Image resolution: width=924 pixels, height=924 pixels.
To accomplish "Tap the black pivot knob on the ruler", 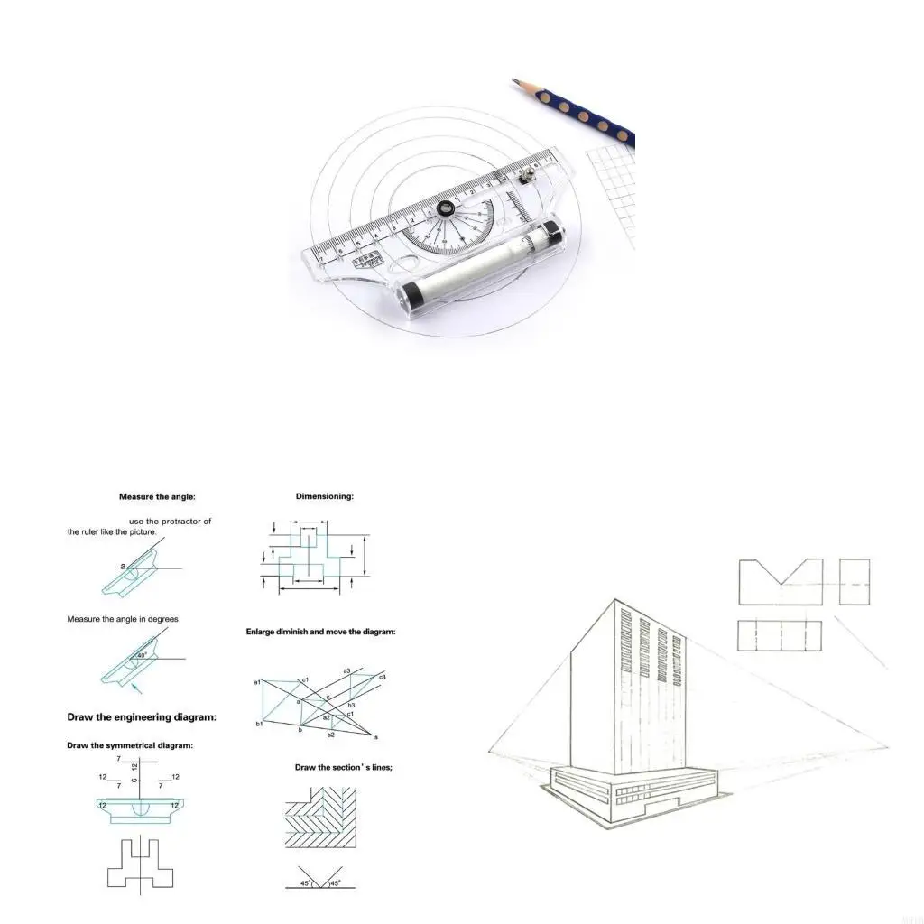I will pos(444,209).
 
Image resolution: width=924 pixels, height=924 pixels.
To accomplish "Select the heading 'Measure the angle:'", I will pos(157,496).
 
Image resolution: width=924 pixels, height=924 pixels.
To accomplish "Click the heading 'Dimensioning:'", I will pos(325,496).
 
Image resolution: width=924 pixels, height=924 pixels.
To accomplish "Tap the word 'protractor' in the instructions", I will pos(183,522).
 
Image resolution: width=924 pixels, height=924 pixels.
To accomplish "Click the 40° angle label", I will pos(142,656).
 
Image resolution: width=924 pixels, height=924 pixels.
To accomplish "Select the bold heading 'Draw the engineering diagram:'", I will pos(142,717).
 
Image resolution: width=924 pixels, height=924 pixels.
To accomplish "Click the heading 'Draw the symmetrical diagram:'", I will pos(130,745).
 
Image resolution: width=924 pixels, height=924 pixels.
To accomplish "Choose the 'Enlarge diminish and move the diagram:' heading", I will pos(320,632).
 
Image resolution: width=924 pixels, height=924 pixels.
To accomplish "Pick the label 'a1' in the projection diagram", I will pos(257,682).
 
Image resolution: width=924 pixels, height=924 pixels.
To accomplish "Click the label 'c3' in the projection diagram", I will pos(383,677).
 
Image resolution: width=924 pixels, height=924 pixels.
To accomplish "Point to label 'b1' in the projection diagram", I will pos(259,724).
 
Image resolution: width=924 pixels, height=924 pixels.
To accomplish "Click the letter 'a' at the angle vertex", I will pos(124,566).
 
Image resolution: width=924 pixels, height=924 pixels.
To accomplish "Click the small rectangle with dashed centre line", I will pos(855,582).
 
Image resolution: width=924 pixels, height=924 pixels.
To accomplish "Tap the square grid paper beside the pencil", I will pos(614,194).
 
